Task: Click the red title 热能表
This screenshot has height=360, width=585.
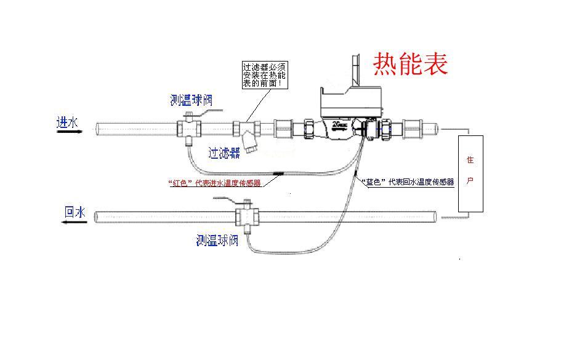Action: (410, 64)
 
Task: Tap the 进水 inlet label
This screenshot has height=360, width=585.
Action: (67, 122)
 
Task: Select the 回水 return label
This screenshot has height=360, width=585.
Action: (75, 212)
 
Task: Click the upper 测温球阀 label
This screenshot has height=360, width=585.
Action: (192, 100)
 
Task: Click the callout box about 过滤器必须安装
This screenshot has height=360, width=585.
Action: (265, 74)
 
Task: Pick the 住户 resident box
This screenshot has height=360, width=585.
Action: (470, 173)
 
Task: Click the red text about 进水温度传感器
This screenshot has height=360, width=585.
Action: (214, 183)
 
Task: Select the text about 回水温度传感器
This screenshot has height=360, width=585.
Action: (408, 182)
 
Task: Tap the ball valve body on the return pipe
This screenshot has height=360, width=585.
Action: (246, 217)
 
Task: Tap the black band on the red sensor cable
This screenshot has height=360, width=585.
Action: (278, 174)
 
